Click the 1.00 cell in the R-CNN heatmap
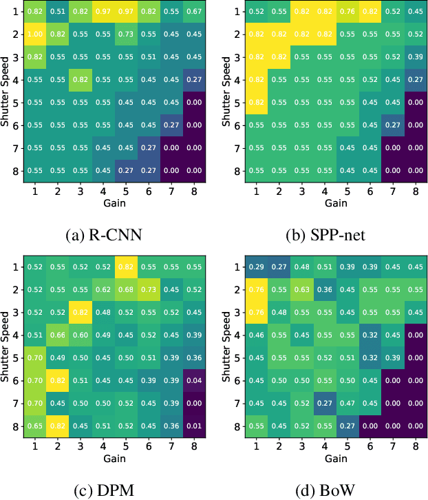[34, 34]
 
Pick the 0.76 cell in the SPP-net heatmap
[347, 12]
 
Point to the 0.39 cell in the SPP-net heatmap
[416, 56]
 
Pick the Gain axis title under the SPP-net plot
[335, 204]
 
